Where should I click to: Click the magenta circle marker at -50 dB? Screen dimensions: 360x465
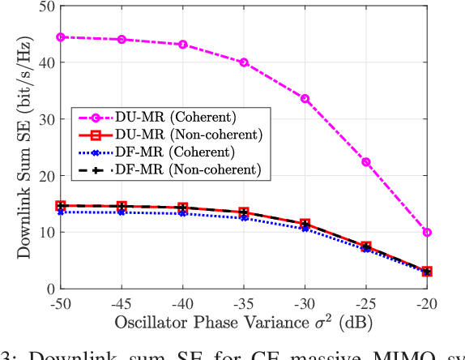(x=61, y=36)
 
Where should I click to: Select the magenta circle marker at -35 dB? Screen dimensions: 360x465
(x=244, y=62)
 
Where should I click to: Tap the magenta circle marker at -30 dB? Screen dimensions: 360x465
(x=305, y=99)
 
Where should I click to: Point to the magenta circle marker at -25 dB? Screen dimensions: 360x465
(x=366, y=162)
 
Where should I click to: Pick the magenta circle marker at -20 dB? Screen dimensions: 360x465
(x=427, y=233)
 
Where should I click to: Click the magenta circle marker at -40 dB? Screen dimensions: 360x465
(x=183, y=45)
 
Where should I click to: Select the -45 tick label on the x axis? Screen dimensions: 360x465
(x=122, y=304)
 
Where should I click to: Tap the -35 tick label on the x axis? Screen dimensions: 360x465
(x=244, y=304)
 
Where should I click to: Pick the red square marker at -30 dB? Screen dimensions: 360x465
(x=305, y=224)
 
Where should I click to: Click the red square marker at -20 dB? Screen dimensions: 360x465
(x=427, y=272)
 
